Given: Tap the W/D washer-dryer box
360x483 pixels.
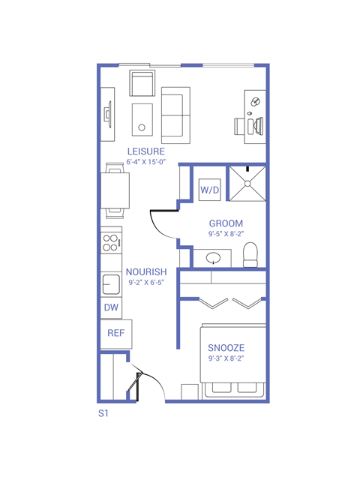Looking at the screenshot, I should point(210,190).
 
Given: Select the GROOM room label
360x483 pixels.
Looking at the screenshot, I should point(225,223).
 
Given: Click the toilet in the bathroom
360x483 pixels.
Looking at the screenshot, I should point(251,254).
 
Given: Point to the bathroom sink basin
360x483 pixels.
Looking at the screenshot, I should point(214,259).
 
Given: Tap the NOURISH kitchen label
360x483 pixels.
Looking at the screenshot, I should point(145,272).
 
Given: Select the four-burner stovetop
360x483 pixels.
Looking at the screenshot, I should point(111,242).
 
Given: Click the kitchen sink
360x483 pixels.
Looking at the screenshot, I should point(111,284).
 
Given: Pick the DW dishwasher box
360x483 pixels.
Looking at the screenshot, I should point(110,307).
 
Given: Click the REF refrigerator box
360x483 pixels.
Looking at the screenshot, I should point(115,333).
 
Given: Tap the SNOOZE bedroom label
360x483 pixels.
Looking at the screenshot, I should point(226,349).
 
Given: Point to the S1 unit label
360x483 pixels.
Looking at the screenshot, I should point(103,413).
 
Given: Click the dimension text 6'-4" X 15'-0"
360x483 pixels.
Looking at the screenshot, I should point(145,162).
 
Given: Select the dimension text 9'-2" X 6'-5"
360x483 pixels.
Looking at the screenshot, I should point(145,283).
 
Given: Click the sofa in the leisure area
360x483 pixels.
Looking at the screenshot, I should point(176,114).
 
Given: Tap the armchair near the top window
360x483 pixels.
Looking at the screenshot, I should point(142,82).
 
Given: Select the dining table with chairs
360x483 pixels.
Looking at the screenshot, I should point(115,190).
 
